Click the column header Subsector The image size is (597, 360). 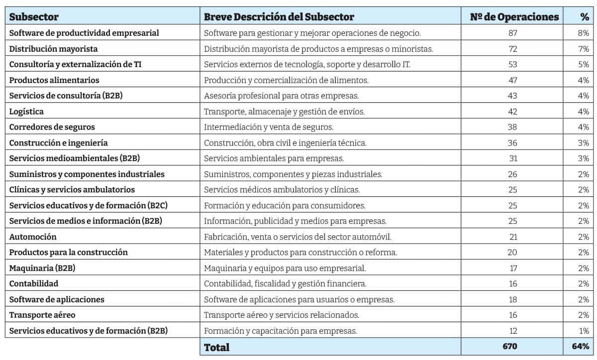pyautogui.click(x=34, y=17)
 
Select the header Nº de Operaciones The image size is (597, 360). pyautogui.click(x=514, y=17)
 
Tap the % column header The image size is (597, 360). pyautogui.click(x=584, y=17)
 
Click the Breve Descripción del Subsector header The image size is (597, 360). pyautogui.click(x=279, y=17)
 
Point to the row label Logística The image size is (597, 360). pyautogui.click(x=26, y=111)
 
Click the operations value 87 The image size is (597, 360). pyautogui.click(x=512, y=33)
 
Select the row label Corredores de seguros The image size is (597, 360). pyautogui.click(x=52, y=127)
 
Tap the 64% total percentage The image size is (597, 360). pyautogui.click(x=581, y=346)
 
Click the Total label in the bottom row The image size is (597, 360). pyautogui.click(x=217, y=347)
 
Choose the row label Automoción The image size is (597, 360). pyautogui.click(x=33, y=237)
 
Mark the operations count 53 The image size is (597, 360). pyautogui.click(x=512, y=65)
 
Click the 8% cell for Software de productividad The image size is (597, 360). pyautogui.click(x=584, y=33)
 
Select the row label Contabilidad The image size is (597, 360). pyautogui.click(x=34, y=283)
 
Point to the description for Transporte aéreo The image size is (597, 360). pyautogui.click(x=282, y=315)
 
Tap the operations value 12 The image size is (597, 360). pyautogui.click(x=512, y=331)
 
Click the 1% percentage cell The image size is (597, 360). pyautogui.click(x=584, y=331)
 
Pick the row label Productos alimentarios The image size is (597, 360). pyautogui.click(x=54, y=80)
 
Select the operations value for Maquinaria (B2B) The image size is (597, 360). pyautogui.click(x=512, y=268)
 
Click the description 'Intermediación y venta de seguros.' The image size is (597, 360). pyautogui.click(x=269, y=127)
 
